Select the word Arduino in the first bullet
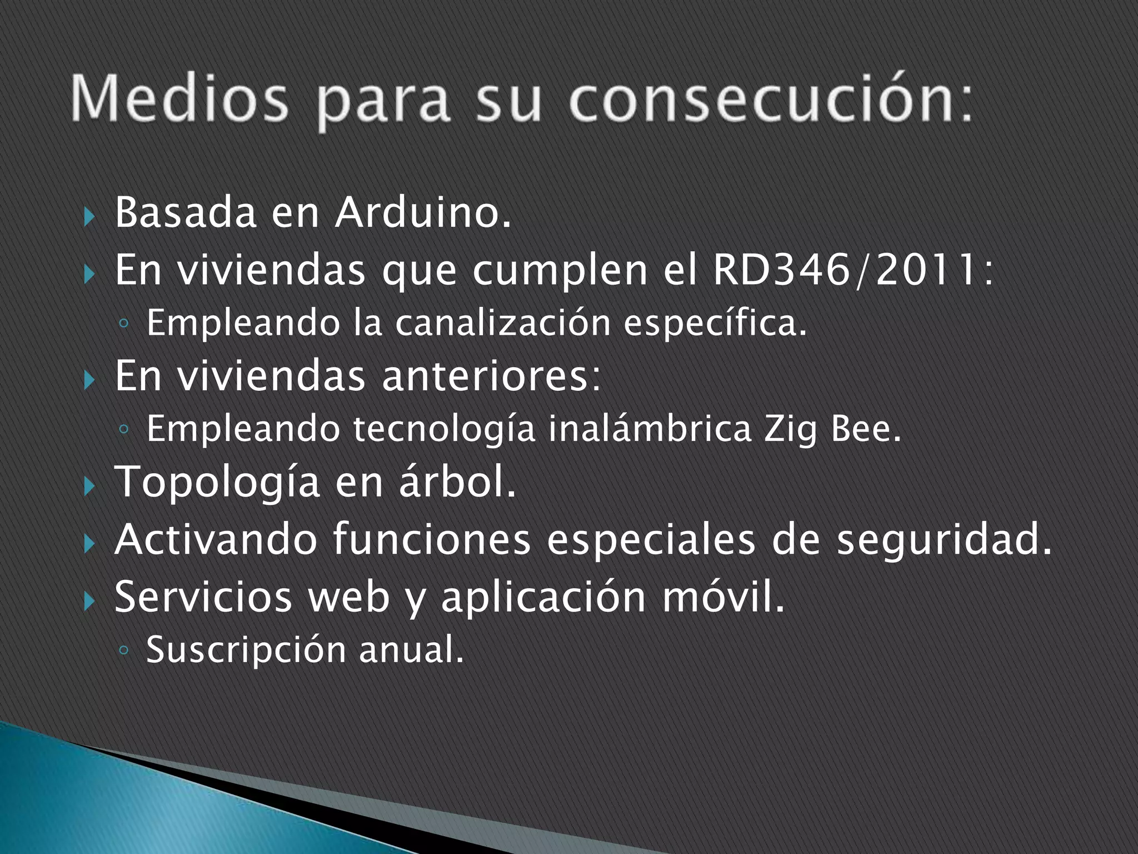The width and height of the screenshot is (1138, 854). tap(422, 213)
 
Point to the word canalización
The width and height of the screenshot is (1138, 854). tap(503, 323)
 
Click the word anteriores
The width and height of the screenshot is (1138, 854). tap(491, 376)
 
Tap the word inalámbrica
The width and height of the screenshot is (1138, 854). tap(650, 429)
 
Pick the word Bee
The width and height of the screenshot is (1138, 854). tap(866, 429)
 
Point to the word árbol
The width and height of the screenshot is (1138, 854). tap(457, 482)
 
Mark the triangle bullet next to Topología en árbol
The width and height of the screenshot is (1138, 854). tap(89, 488)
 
